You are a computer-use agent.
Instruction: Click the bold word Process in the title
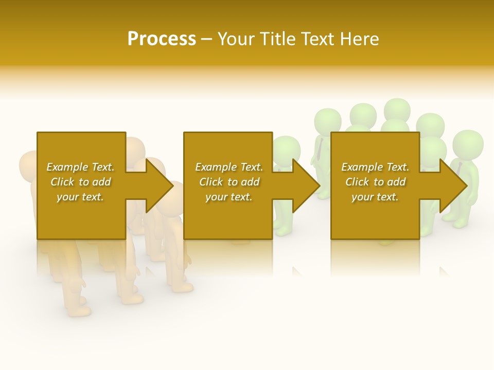pyautogui.click(x=162, y=39)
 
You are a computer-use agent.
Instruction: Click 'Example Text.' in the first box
pyautogui.click(x=80, y=167)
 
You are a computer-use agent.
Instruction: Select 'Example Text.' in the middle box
pyautogui.click(x=229, y=167)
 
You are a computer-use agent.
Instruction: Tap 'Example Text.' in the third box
pyautogui.click(x=375, y=167)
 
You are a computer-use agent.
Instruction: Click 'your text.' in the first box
pyautogui.click(x=80, y=197)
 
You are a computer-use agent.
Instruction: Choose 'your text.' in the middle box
pyautogui.click(x=229, y=197)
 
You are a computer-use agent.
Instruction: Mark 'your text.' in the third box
pyautogui.click(x=375, y=197)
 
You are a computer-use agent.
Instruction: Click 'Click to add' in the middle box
pyautogui.click(x=229, y=182)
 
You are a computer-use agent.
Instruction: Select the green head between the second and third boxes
pyautogui.click(x=287, y=150)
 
